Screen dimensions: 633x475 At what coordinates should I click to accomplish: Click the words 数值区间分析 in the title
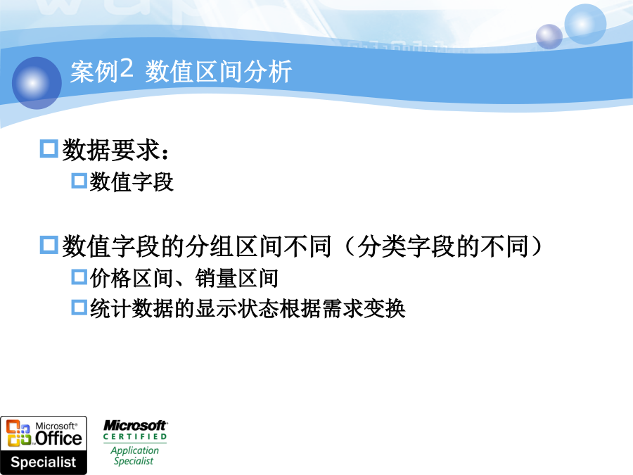point(219,72)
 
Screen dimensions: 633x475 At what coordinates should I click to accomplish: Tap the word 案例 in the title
point(94,72)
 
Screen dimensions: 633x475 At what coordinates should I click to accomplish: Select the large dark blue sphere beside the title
point(37,83)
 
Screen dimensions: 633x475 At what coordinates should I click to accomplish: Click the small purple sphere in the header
point(549,37)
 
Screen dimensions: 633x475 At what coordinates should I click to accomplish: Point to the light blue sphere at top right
point(585,24)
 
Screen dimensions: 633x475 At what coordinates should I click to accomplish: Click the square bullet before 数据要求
point(49,148)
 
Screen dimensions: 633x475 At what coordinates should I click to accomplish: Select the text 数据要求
point(111,150)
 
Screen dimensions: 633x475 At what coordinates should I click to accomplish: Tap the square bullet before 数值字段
point(79,181)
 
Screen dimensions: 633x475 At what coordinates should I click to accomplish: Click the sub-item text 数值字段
point(132,182)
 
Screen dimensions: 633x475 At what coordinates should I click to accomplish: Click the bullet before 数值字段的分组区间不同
point(49,245)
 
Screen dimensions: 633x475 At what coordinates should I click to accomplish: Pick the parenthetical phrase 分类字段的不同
point(443,246)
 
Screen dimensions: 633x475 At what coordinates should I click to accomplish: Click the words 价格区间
point(132,278)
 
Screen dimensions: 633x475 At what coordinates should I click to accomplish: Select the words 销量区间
point(237,278)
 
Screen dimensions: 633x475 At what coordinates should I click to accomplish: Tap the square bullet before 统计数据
point(79,307)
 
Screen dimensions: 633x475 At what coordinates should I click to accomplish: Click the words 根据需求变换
point(343,309)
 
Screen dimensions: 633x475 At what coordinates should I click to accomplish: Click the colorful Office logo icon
point(18,433)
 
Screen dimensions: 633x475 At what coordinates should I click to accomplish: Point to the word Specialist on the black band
point(44,462)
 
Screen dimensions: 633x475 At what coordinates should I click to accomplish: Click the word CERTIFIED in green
point(135,436)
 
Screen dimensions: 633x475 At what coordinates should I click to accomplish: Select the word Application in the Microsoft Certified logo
point(135,450)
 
